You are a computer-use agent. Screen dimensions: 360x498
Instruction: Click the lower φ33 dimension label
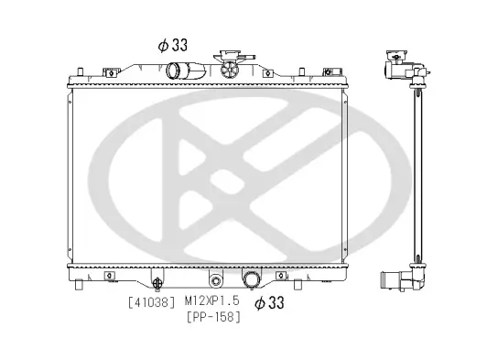(x=269, y=300)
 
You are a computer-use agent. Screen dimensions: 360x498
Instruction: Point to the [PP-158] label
(x=212, y=317)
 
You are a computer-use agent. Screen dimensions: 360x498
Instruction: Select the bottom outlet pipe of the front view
(x=250, y=279)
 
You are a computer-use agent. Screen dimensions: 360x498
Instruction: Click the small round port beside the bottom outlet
(x=216, y=280)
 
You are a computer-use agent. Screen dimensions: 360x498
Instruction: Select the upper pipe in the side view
(x=399, y=70)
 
